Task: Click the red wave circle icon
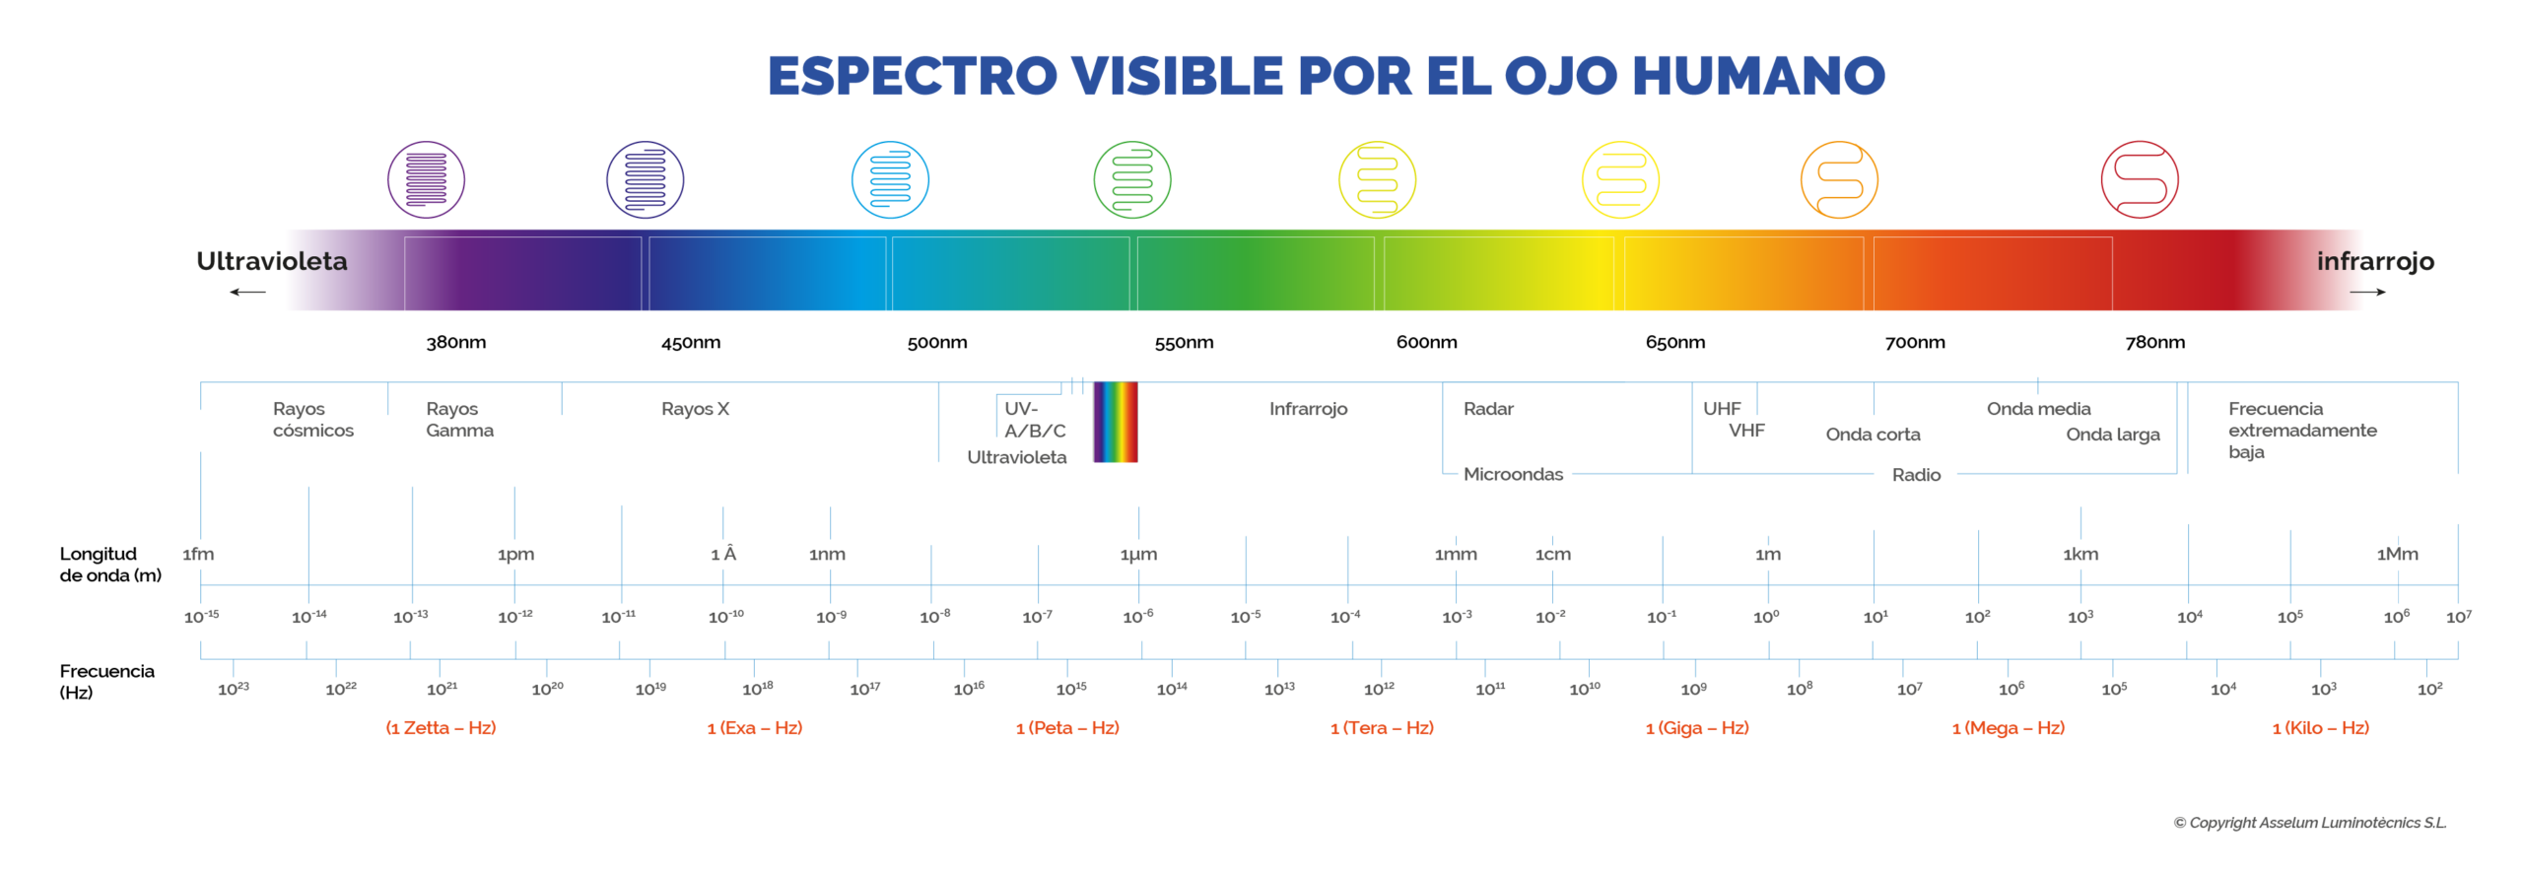[2139, 179]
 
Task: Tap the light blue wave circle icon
[890, 179]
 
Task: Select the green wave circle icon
[1132, 179]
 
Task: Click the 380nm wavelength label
[455, 343]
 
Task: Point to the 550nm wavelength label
[1184, 343]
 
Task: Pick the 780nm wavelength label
[2154, 343]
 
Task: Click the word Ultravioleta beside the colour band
[272, 261]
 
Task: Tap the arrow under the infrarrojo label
[2367, 292]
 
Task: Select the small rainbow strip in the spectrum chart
[1116, 422]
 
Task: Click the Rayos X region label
[695, 409]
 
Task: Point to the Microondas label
[1513, 474]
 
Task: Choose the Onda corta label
[1873, 435]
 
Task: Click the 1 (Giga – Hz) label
[1697, 728]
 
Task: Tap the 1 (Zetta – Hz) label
[441, 728]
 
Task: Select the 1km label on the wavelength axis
[2080, 555]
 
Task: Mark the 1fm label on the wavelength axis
[198, 555]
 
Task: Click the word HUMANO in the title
[1758, 76]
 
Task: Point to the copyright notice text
[2309, 823]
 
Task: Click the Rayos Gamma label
[459, 420]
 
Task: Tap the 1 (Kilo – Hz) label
[2320, 728]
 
